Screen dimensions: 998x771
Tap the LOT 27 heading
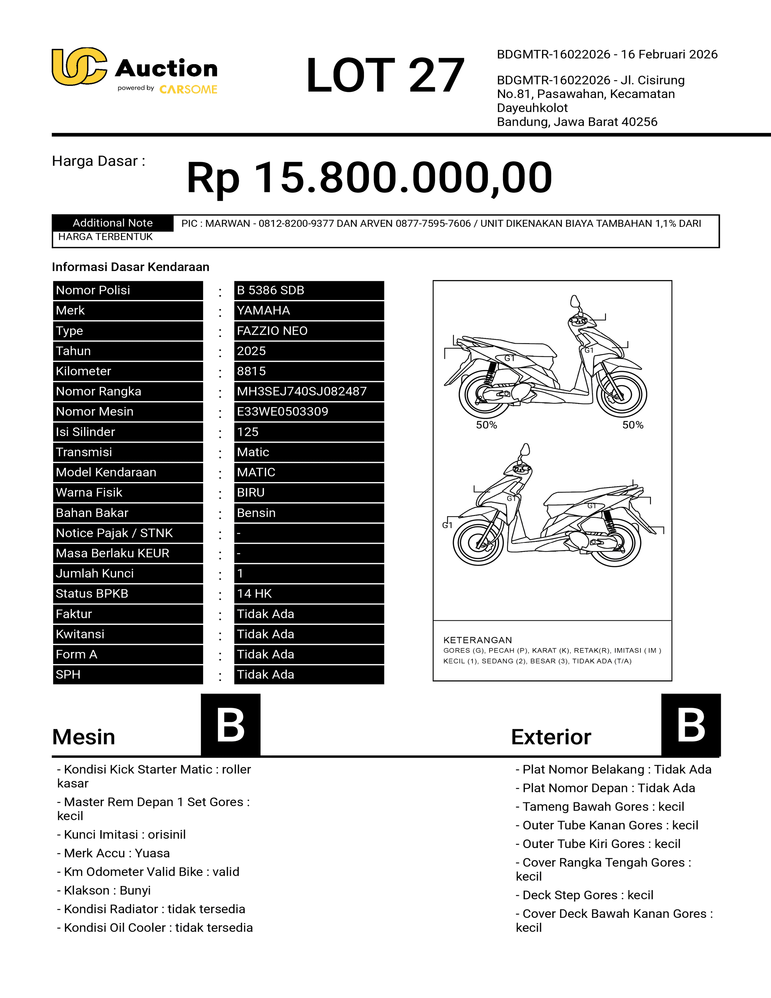(x=385, y=75)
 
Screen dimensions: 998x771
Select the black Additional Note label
(x=112, y=223)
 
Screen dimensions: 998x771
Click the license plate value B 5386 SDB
(x=270, y=290)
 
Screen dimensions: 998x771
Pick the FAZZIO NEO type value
(x=272, y=331)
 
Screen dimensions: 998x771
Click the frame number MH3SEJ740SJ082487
(x=301, y=391)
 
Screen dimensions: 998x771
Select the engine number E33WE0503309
(x=282, y=411)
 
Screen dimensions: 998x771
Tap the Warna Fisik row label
(x=89, y=492)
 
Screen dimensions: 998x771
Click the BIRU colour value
(x=251, y=492)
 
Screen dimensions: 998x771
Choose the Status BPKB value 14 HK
(x=254, y=594)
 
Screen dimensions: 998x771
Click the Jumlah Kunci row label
(x=95, y=573)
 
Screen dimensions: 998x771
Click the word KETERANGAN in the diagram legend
(x=477, y=640)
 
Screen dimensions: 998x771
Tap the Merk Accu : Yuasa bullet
(x=113, y=853)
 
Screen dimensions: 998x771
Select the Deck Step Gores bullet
(x=585, y=895)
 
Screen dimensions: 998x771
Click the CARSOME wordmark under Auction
(x=188, y=90)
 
